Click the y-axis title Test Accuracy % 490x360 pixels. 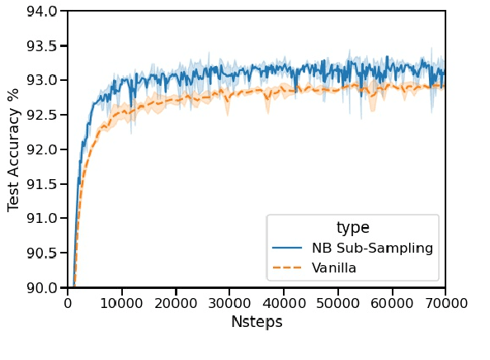(x=14, y=149)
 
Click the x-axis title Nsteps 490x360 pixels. (x=257, y=322)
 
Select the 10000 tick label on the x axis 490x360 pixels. (x=121, y=303)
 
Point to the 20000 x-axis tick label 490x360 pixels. (x=176, y=303)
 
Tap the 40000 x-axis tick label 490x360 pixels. (x=284, y=303)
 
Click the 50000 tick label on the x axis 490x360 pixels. (x=337, y=303)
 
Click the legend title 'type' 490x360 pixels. (x=352, y=228)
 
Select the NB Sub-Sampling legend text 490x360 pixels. (x=372, y=249)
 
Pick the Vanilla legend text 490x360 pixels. (x=334, y=268)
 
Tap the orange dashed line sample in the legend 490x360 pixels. (x=289, y=268)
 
